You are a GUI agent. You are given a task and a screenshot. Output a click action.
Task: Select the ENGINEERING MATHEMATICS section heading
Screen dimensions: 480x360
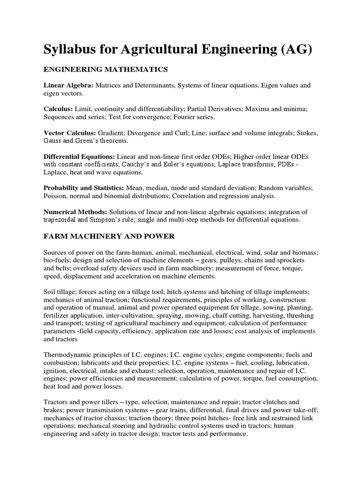(105, 69)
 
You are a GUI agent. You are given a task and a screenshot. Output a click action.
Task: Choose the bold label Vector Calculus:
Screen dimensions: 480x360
(70, 133)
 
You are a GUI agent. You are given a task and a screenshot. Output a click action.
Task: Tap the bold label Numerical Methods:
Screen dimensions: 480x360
(74, 211)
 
